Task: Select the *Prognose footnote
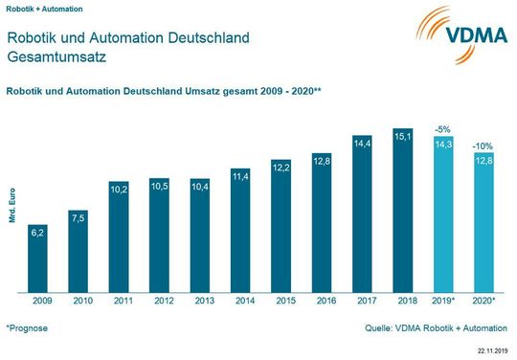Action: click(27, 327)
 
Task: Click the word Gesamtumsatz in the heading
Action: click(56, 57)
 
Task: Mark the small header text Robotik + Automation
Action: click(41, 8)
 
